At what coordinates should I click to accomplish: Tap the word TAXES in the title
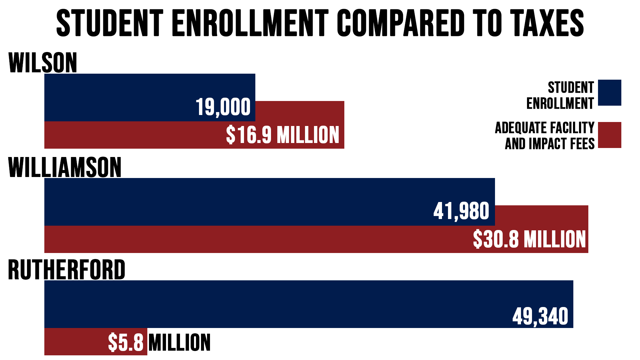547,23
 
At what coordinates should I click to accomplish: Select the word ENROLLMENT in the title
250,23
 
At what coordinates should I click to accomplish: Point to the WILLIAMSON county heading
65,167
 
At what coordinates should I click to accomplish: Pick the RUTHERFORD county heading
66,270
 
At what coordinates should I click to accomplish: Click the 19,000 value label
223,107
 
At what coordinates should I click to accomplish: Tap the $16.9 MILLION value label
282,135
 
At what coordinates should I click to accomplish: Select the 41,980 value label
461,211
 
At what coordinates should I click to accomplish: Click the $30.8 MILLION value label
529,239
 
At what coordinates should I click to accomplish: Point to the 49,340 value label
540,316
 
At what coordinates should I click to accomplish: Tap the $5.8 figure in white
126,343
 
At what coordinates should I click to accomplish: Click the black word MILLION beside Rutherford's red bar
179,343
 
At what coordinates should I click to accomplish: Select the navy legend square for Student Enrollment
609,93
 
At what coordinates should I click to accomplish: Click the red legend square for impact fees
609,135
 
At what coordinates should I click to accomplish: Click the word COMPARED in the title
400,23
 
